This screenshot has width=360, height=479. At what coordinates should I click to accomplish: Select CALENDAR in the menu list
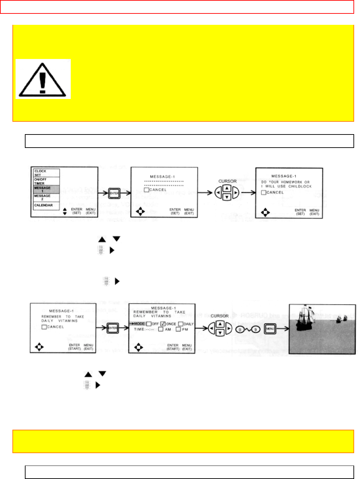pos(43,205)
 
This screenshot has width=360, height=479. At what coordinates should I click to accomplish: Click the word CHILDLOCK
pos(300,186)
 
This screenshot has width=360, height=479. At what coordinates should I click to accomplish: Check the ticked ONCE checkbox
pos(163,324)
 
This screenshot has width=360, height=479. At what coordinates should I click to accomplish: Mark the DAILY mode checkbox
pos(181,324)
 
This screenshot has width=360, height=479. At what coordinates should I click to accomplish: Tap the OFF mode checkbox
pos(149,324)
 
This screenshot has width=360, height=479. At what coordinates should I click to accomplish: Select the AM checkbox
pos(160,329)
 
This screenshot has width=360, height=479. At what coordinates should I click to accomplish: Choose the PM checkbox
pos(178,329)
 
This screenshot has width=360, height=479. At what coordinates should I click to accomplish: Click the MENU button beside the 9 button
pos(270,329)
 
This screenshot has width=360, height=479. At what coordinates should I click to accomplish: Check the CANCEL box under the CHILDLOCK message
pos(264,192)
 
